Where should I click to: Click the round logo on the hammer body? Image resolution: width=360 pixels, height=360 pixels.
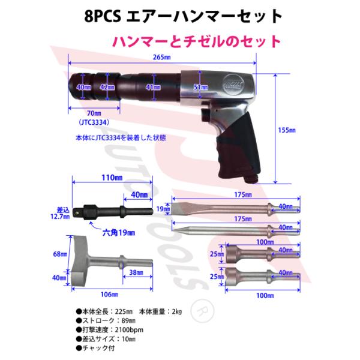(235, 85)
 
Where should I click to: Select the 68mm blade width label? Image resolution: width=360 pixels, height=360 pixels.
(58, 254)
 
